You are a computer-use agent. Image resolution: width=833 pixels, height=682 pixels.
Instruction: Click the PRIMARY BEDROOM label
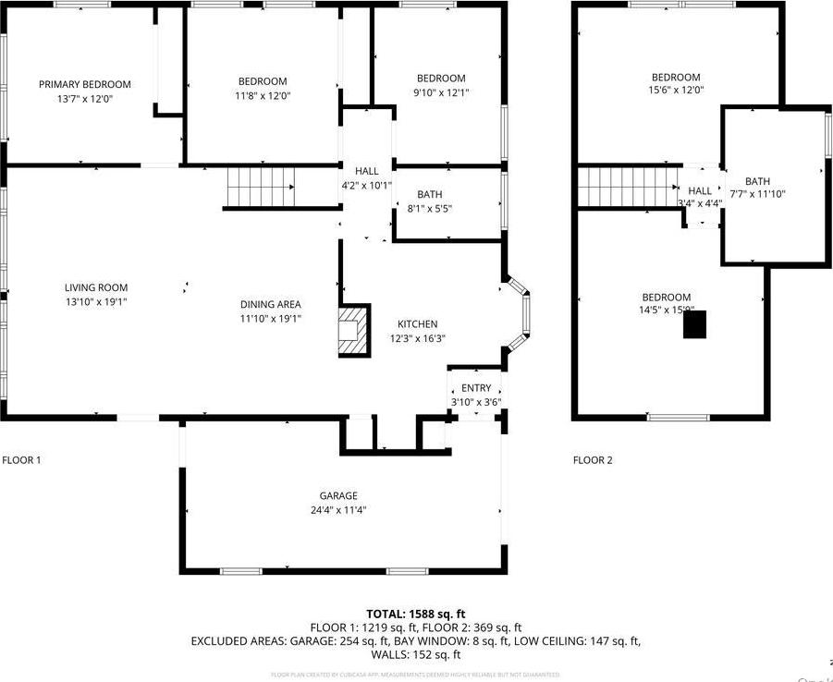tap(85, 84)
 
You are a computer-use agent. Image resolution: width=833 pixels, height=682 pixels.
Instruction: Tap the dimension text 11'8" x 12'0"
tap(263, 95)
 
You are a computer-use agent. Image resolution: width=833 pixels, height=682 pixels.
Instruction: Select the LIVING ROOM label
tap(96, 287)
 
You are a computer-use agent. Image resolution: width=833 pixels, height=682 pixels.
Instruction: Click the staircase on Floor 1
tap(260, 188)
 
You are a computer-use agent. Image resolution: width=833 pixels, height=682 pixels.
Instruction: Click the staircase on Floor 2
tap(624, 187)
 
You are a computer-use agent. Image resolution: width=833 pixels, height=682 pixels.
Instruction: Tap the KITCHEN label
tap(417, 324)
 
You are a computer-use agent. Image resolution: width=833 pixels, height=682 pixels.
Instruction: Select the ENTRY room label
tap(476, 389)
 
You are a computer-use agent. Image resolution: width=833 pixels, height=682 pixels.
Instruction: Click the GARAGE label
tap(338, 496)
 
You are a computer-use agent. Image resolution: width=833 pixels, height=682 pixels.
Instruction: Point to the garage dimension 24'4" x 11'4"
tap(338, 510)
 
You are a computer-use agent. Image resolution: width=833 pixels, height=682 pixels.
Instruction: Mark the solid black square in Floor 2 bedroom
tap(693, 324)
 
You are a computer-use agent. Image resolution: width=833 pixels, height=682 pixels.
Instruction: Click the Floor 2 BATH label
tap(757, 182)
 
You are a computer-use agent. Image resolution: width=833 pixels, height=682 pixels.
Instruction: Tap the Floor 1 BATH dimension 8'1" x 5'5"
tap(429, 209)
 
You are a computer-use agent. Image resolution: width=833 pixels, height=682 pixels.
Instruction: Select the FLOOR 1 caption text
tap(21, 460)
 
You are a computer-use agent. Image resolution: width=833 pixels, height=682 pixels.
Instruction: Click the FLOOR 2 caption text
tap(593, 460)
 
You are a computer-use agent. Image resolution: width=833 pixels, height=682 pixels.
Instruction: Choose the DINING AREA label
tap(270, 305)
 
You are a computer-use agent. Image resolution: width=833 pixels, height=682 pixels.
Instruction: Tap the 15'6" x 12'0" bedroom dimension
tap(676, 91)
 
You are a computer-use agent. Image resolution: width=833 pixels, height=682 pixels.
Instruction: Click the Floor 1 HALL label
tap(367, 171)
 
